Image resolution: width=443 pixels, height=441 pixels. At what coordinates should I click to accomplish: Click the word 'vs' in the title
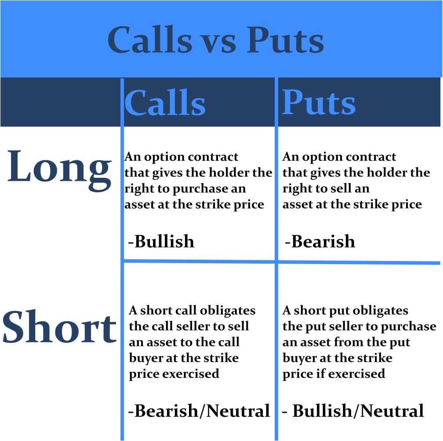[x=216, y=41]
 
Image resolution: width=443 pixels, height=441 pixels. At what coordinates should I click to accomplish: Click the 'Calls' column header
[x=165, y=103]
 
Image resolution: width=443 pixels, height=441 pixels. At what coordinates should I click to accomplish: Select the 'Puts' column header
[x=318, y=103]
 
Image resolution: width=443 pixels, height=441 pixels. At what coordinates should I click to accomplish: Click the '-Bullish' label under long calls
[x=161, y=242]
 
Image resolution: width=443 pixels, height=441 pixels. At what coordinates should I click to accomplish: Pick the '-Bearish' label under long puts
[x=320, y=242]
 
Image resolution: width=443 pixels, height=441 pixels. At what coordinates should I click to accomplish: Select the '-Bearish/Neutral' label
[x=199, y=411]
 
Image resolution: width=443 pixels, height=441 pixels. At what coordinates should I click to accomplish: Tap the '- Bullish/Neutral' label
[x=353, y=411]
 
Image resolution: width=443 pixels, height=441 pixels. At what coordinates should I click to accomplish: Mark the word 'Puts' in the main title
[x=285, y=41]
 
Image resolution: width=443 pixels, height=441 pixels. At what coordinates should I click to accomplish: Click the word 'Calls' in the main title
[x=149, y=41]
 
